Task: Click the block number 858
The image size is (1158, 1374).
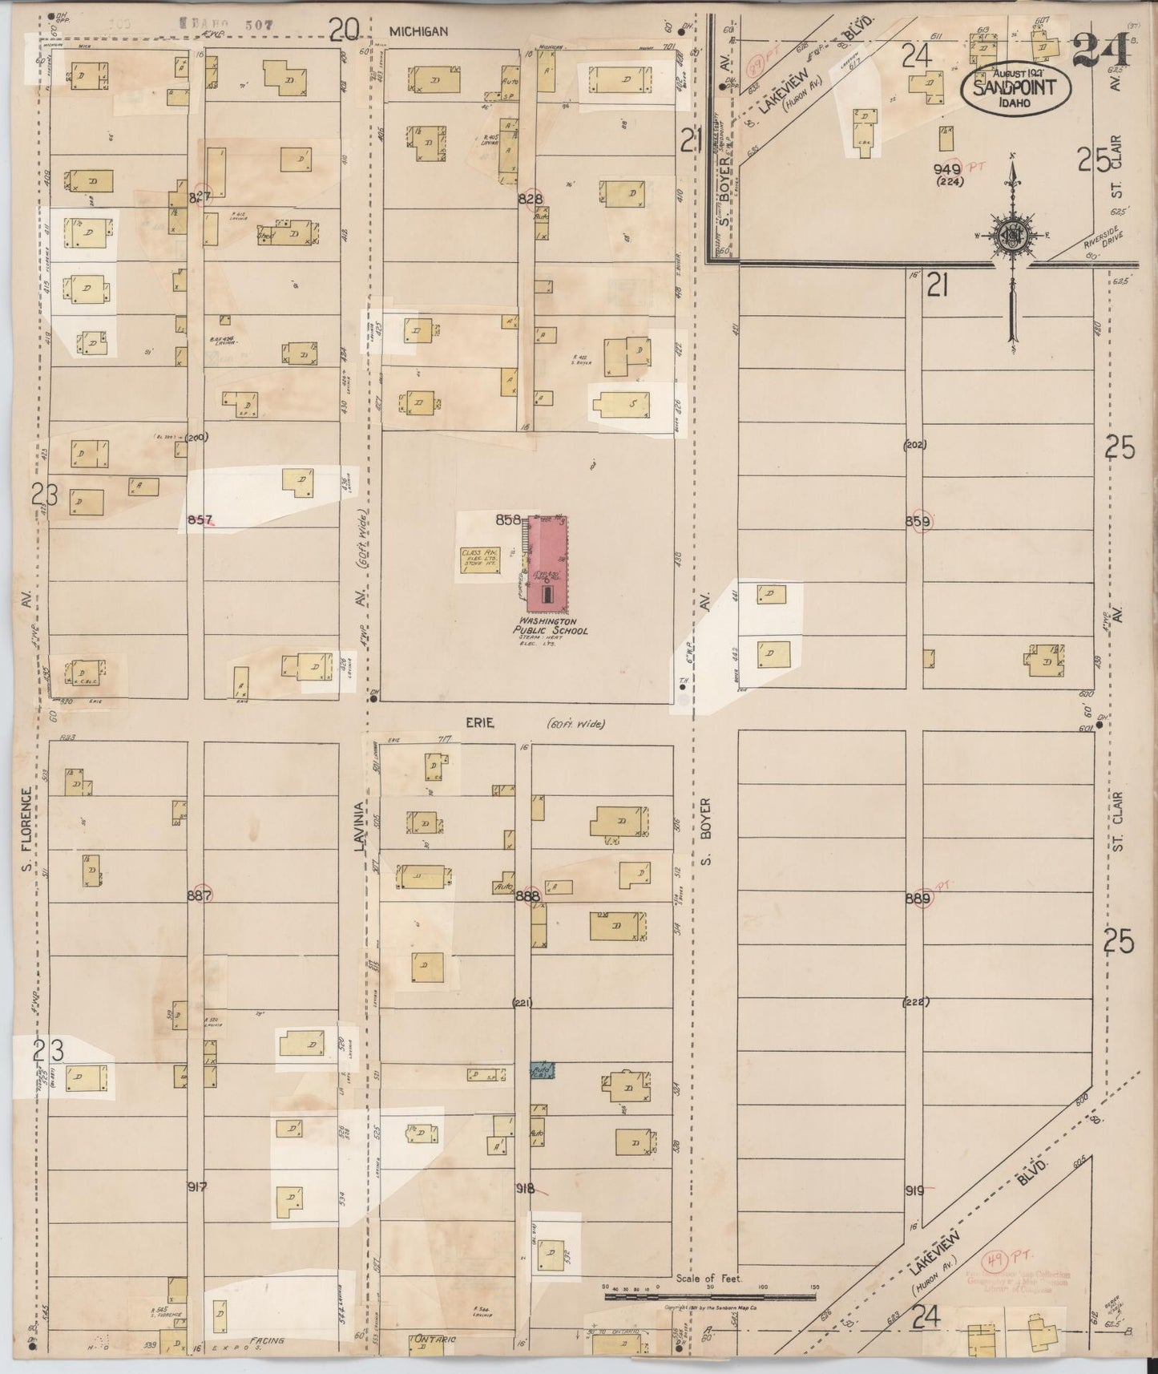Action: (508, 519)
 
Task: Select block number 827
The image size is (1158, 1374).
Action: (200, 196)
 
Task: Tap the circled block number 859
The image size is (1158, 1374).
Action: (918, 522)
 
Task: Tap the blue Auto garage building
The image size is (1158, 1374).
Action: (542, 1070)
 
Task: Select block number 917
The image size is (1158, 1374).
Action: (197, 1186)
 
